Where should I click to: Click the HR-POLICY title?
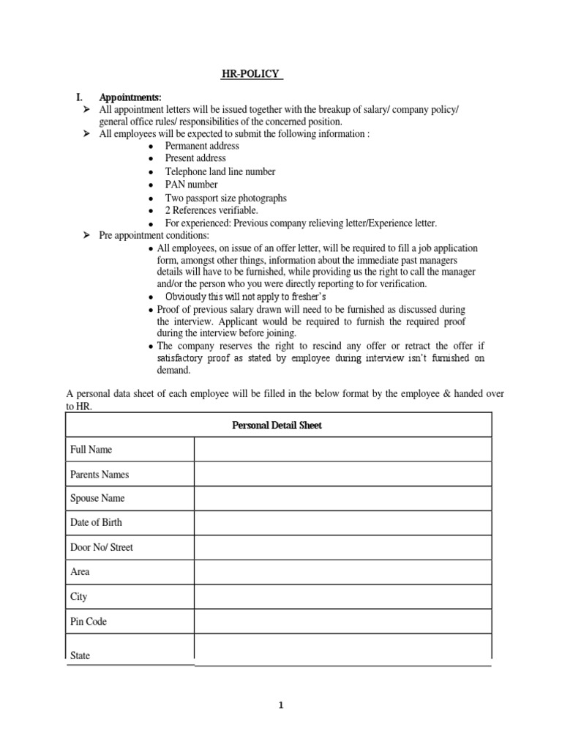(252, 74)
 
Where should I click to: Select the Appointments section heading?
(130, 97)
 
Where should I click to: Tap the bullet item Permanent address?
(202, 146)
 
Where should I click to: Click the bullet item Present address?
(195, 158)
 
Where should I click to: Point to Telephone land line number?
(220, 171)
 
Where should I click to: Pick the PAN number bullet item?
(191, 185)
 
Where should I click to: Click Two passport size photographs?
(225, 198)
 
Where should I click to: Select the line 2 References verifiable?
(211, 210)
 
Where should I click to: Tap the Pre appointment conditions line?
(154, 235)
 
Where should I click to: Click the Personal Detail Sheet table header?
(277, 425)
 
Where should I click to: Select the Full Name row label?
(91, 450)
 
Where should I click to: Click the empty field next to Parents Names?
(342, 474)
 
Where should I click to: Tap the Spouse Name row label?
(97, 498)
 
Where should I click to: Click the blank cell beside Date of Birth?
(342, 523)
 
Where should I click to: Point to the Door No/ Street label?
(102, 547)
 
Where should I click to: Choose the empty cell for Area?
(342, 572)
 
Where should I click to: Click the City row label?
(78, 597)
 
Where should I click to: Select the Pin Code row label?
(88, 621)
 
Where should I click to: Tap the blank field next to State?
(342, 649)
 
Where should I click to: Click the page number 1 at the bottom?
(280, 706)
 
